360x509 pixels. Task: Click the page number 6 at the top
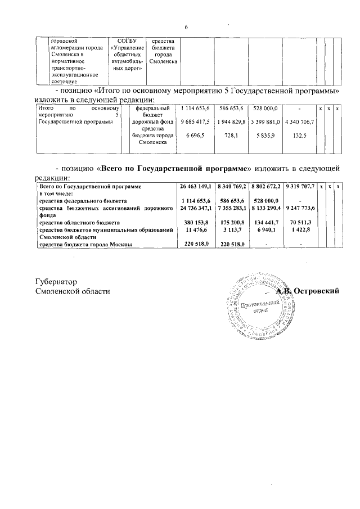[x=186, y=28]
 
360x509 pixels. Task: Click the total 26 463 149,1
[x=195, y=186]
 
